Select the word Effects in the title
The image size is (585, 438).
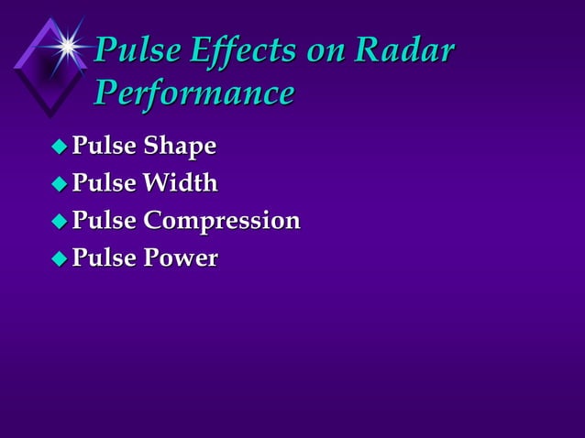230,52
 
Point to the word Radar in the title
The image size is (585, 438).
407,52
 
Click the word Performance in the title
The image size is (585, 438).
194,93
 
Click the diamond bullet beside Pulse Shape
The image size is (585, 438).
59,147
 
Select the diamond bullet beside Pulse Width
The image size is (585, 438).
59,184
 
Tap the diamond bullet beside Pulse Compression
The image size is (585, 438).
59,222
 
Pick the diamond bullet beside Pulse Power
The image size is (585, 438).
59,259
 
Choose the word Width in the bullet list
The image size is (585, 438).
181,183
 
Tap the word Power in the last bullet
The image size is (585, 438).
181,258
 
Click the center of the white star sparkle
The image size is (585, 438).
67,43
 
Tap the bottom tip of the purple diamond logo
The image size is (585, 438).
50,116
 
